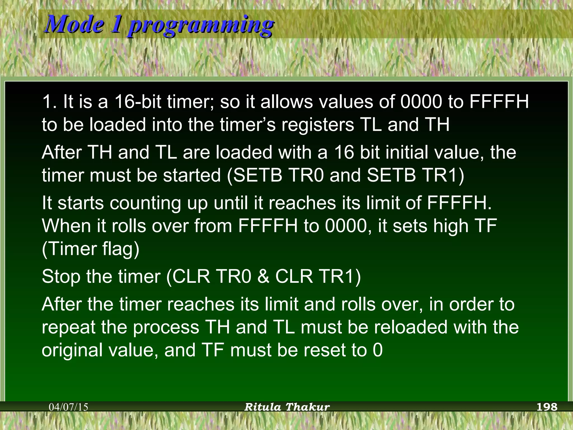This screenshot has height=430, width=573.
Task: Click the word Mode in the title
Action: click(74, 25)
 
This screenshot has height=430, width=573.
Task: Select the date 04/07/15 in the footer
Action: click(69, 407)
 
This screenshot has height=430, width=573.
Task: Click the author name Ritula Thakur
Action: click(287, 407)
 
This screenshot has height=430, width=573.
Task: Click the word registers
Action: click(318, 125)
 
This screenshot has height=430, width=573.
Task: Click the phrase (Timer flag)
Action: click(90, 249)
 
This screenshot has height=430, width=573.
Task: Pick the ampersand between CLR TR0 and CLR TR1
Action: click(263, 277)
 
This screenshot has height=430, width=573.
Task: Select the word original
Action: click(72, 350)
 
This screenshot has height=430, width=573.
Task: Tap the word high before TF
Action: click(451, 226)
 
